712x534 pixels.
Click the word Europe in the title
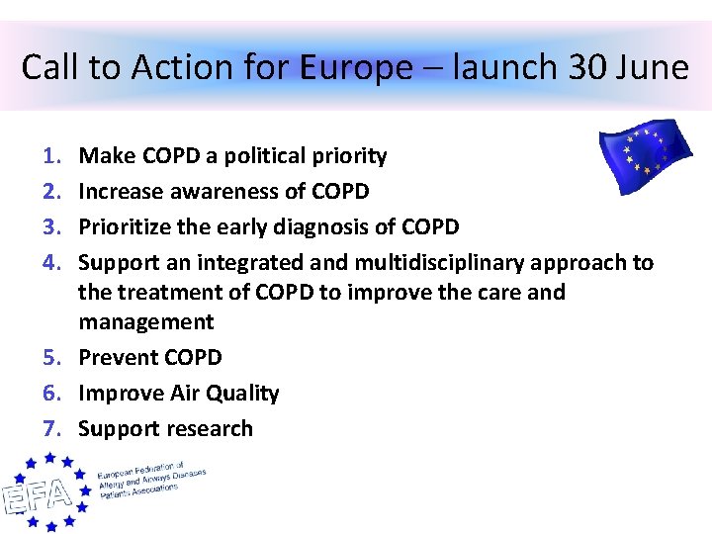click(x=355, y=68)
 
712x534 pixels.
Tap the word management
click(x=145, y=322)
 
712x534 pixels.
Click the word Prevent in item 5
click(x=111, y=358)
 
